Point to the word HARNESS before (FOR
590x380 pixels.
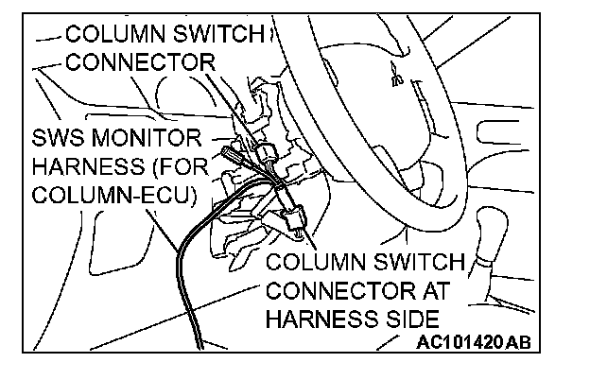pos(86,169)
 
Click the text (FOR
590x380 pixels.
pos(176,169)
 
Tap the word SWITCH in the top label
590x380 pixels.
pos(232,35)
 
